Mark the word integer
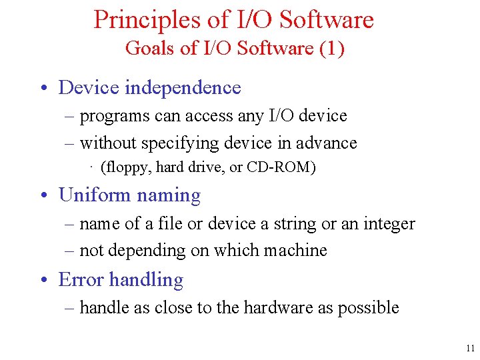[x=389, y=224]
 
